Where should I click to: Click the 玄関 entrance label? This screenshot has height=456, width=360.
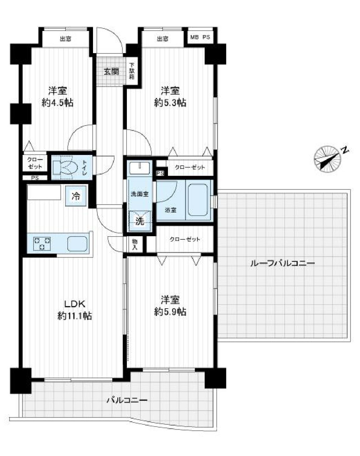click(111, 72)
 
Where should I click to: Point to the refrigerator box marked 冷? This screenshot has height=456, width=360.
click(76, 196)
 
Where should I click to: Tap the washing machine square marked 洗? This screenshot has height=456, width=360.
click(140, 221)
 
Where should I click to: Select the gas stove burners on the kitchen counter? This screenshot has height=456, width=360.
click(42, 243)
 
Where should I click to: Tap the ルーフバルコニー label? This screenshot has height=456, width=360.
click(282, 263)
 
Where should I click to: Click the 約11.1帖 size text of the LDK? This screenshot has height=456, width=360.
click(74, 316)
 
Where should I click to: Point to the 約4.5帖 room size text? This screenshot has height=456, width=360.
click(57, 103)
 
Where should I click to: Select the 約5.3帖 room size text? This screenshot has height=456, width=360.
click(170, 103)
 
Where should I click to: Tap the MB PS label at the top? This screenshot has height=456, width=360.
click(200, 37)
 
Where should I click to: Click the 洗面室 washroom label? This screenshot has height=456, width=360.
click(139, 194)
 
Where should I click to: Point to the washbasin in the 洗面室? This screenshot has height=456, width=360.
click(139, 167)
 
